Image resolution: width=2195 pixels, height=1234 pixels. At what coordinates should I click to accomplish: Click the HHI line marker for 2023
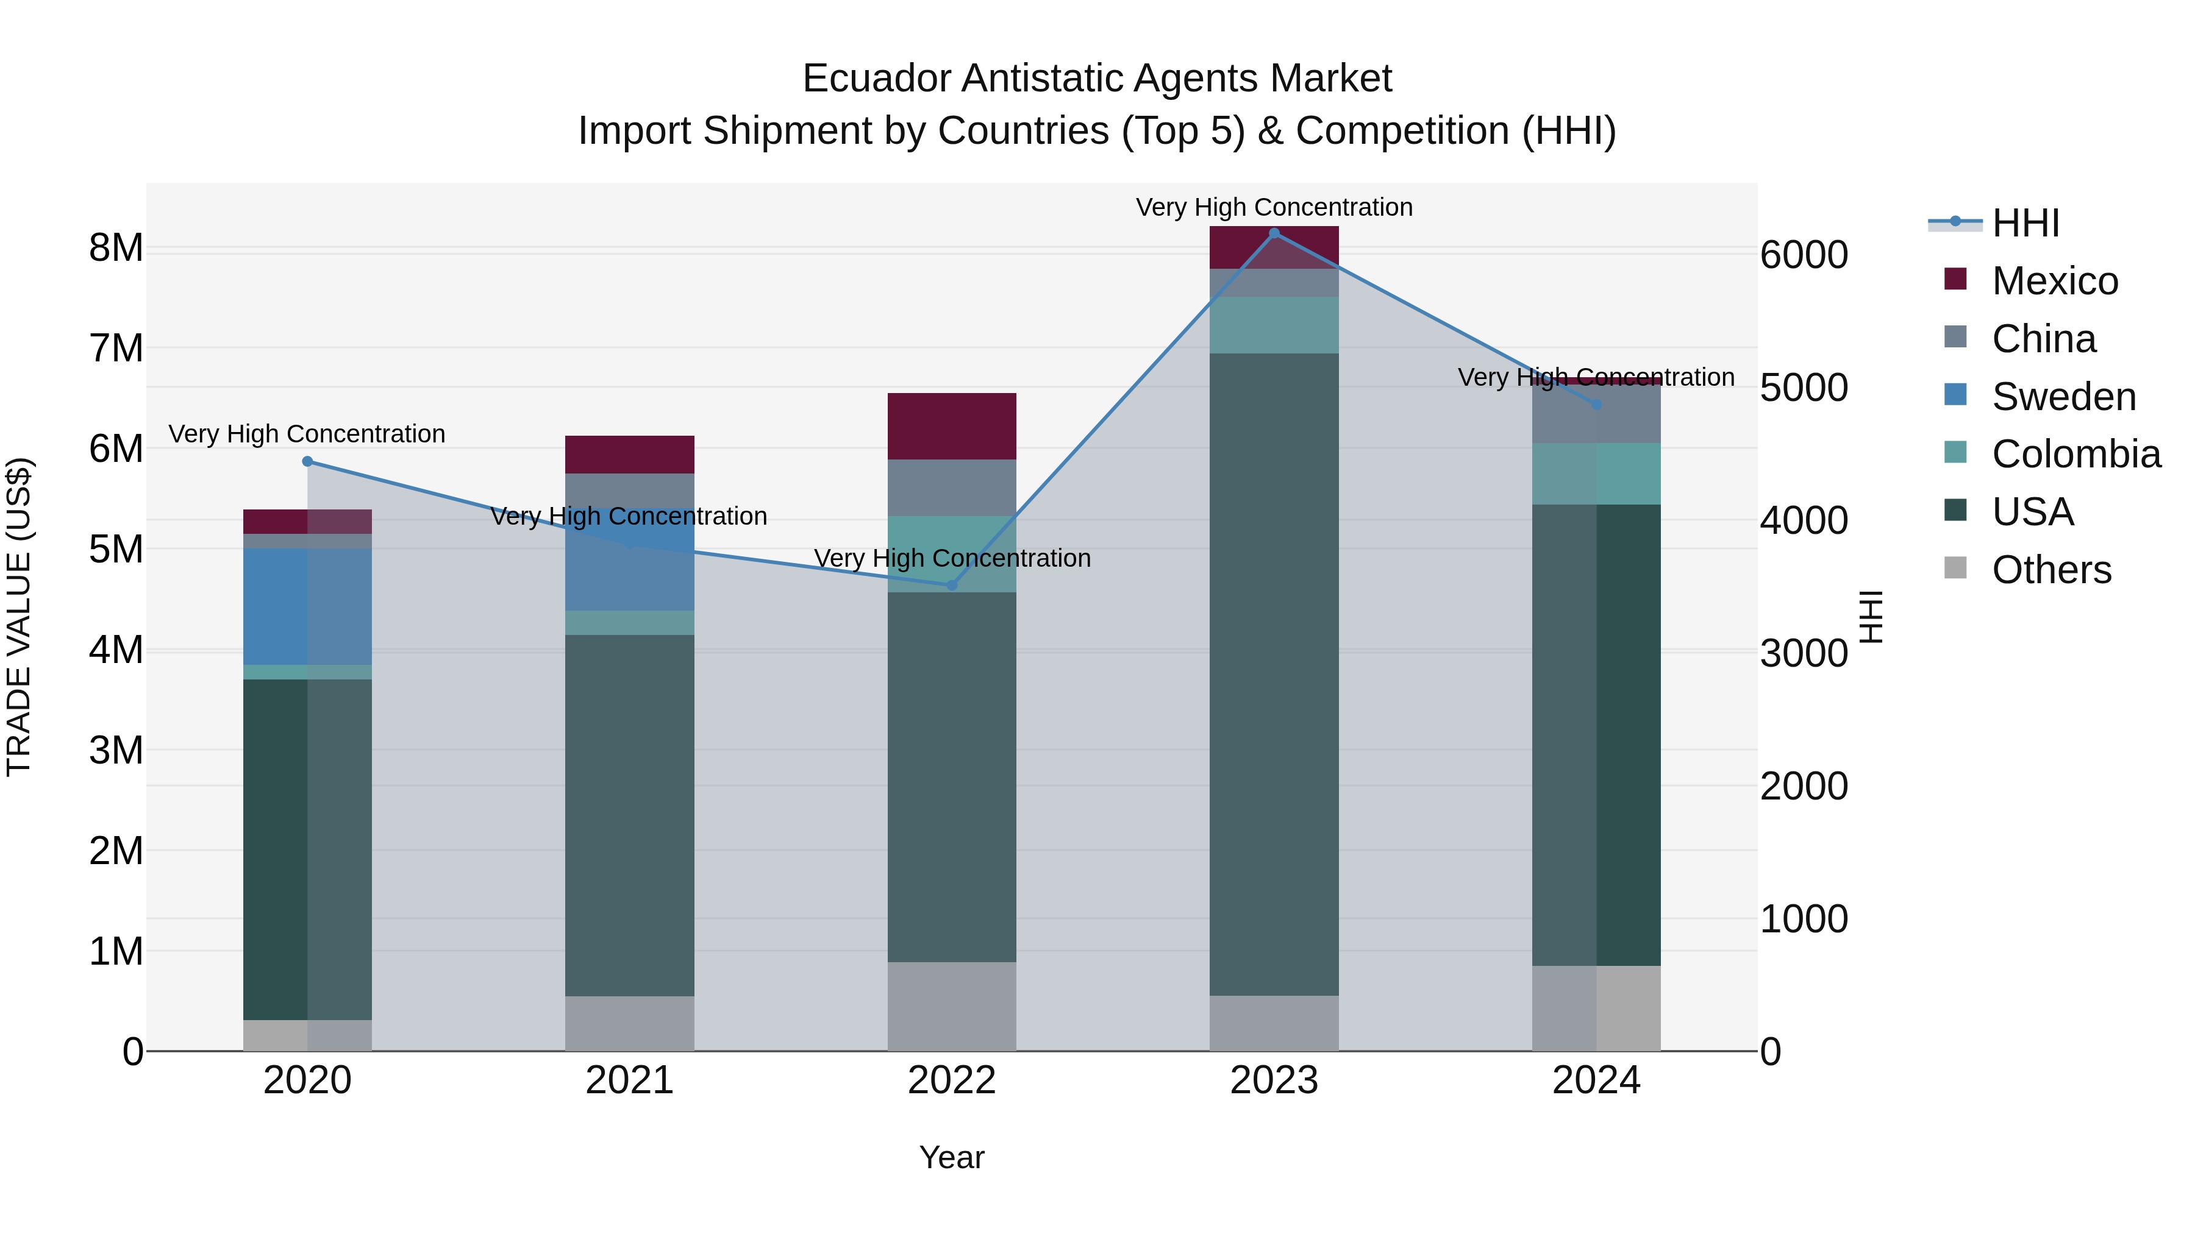[1274, 233]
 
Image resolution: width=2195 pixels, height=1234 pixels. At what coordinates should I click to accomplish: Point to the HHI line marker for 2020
[308, 461]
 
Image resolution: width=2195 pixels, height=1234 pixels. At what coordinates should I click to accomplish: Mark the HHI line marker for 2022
[952, 585]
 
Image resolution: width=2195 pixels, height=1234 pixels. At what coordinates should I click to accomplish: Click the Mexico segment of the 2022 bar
[952, 426]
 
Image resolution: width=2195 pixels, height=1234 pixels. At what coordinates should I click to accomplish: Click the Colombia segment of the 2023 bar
[1274, 325]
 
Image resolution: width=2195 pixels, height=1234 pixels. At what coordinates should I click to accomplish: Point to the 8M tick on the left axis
[116, 249]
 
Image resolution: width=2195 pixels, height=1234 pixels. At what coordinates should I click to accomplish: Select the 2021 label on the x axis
[630, 1080]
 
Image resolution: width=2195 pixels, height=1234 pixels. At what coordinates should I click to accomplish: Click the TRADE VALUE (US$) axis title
[19, 617]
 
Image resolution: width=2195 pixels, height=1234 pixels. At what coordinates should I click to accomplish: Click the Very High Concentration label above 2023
[1274, 207]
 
